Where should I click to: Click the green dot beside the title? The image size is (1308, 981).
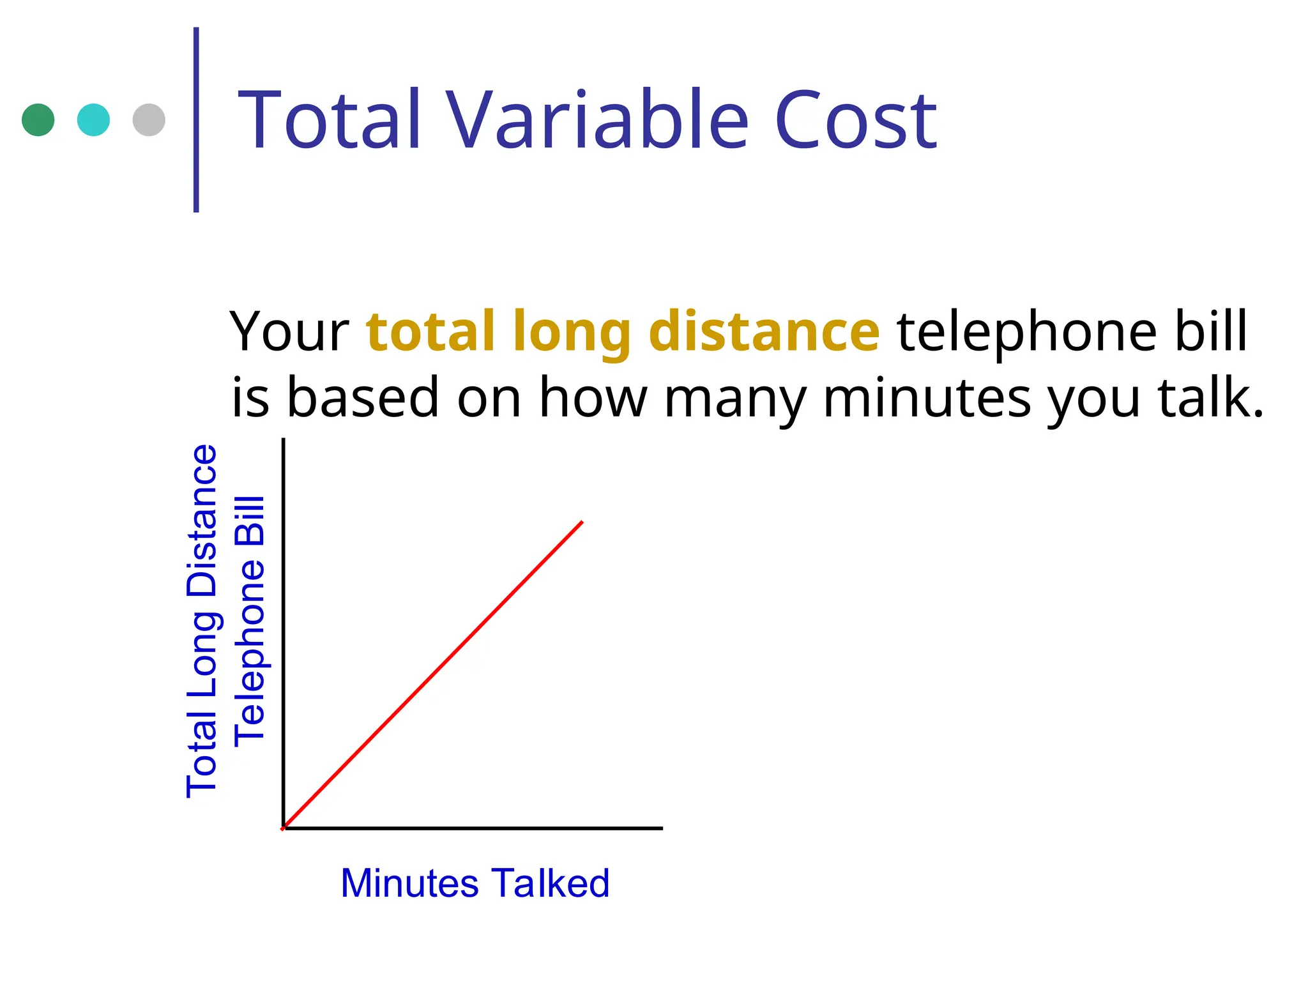[38, 119]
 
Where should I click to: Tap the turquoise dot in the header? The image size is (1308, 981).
[93, 119]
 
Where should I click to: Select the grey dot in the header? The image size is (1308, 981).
[149, 119]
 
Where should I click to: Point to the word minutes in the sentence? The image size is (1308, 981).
[927, 397]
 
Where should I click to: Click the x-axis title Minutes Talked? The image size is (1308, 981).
[475, 883]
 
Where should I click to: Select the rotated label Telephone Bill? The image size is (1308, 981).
[249, 621]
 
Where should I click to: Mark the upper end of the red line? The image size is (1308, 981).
[582, 522]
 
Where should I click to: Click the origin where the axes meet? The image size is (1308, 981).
[284, 828]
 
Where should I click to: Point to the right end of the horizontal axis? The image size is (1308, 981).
[661, 828]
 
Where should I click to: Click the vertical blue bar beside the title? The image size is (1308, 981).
[196, 119]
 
